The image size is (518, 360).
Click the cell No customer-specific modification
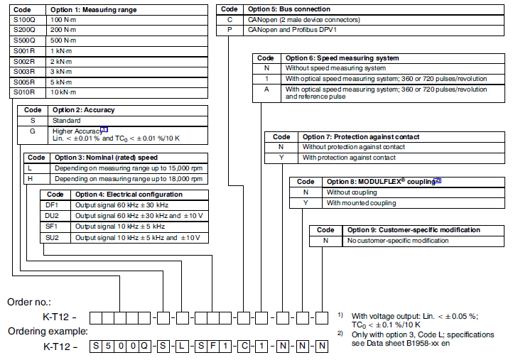point(397,241)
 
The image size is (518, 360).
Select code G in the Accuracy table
point(32,131)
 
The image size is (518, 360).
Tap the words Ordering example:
point(45,332)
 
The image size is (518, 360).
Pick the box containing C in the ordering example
point(243,347)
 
